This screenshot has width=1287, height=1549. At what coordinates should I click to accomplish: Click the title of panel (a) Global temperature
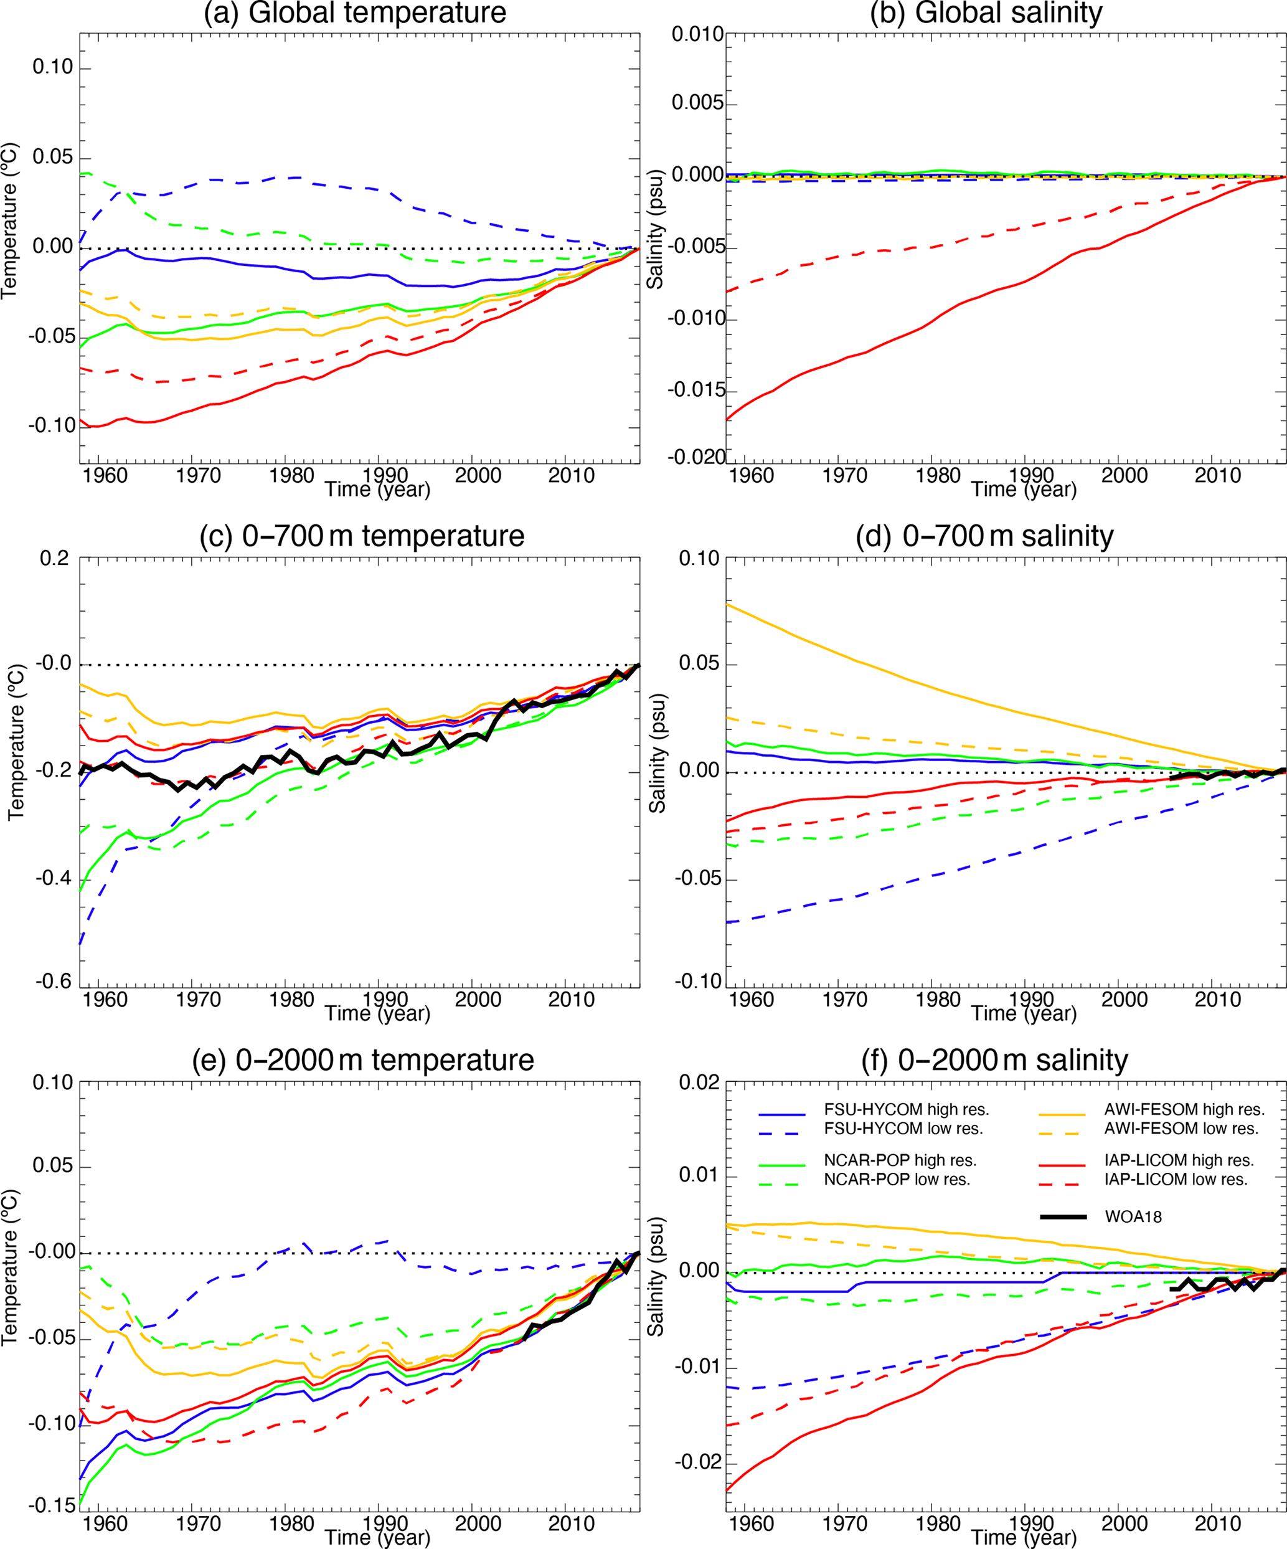(355, 13)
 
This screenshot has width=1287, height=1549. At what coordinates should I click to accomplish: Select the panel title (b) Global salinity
(986, 13)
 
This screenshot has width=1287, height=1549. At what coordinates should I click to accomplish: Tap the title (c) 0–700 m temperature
(361, 536)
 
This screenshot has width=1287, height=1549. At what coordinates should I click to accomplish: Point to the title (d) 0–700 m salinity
(984, 536)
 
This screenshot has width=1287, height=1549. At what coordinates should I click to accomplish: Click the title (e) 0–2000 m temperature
(363, 1060)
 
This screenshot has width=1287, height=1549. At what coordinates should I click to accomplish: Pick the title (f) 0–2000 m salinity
(994, 1060)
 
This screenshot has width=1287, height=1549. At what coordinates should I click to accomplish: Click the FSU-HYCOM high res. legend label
(907, 1109)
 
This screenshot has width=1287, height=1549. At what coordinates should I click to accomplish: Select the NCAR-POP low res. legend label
(897, 1180)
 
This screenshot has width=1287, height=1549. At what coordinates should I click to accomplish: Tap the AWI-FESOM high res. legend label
(1184, 1109)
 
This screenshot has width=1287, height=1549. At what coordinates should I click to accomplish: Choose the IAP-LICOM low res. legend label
(1176, 1180)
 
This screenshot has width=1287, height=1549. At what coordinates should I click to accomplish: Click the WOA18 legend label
(1133, 1217)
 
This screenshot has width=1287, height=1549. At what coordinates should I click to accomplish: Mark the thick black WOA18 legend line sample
(1063, 1217)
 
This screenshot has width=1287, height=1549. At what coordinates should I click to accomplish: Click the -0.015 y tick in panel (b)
(696, 390)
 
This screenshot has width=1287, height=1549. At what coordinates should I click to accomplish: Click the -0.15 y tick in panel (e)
(52, 1505)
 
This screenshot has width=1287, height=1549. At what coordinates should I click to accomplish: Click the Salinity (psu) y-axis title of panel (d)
(656, 753)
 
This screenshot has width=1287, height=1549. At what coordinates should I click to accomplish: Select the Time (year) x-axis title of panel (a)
(377, 490)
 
